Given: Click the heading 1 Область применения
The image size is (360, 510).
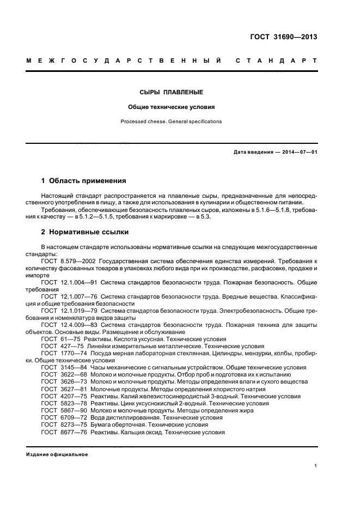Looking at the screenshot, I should click(84, 180).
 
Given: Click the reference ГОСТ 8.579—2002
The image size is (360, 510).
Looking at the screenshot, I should click(68, 262).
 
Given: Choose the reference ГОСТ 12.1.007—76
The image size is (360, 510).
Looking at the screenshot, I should click(70, 296).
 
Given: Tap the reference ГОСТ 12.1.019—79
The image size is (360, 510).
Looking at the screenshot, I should click(70, 311).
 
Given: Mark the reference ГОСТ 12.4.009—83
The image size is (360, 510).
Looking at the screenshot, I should click(70, 325).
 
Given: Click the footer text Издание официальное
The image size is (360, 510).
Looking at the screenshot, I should click(57, 454).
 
